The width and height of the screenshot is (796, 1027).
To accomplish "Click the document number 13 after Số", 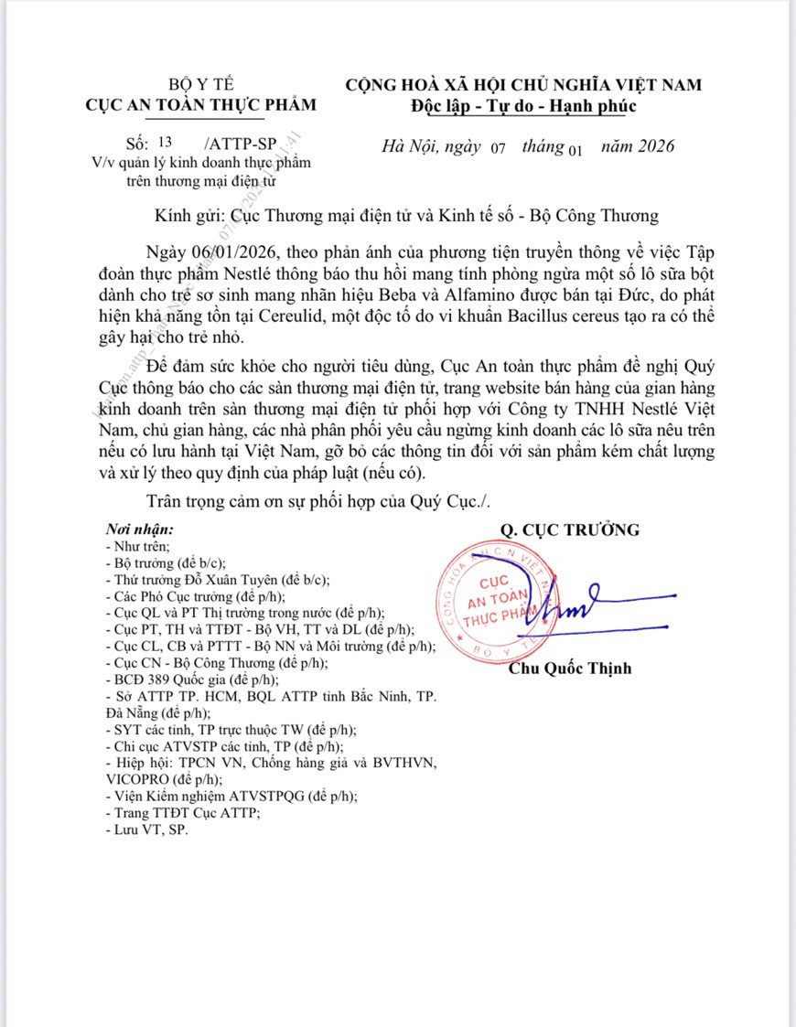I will point(165,143).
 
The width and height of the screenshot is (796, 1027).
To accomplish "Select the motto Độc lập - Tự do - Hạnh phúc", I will point(522,105).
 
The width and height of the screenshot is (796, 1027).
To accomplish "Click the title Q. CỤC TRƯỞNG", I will point(569,530).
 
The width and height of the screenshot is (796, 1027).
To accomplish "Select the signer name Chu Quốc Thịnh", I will point(570,669).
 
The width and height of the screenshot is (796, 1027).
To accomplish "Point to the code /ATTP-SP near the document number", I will point(242,144).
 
